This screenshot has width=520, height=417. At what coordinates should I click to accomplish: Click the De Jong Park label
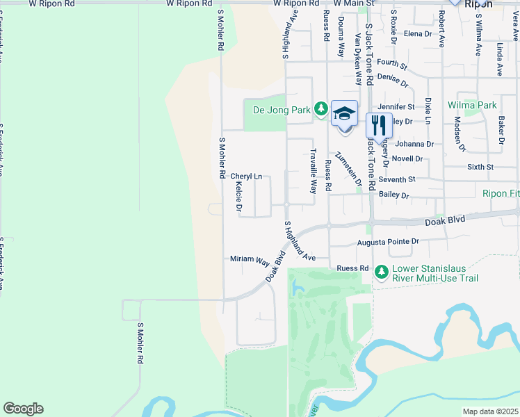(282, 109)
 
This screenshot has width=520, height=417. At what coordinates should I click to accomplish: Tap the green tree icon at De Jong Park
(320, 108)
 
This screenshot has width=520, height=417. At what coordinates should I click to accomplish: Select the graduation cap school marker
(344, 113)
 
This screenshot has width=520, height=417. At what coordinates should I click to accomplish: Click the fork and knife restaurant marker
(379, 124)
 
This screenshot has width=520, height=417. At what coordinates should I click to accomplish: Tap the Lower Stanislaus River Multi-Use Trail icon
(381, 271)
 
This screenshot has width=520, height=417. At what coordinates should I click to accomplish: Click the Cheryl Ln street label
(246, 177)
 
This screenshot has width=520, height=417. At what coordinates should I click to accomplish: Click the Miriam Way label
(250, 259)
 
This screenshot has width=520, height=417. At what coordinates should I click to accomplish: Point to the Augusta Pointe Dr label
(388, 243)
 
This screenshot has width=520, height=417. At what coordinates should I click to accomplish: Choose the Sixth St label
(480, 167)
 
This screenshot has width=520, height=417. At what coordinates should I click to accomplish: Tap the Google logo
(23, 409)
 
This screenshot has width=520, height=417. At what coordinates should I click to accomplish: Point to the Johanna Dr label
(414, 145)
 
